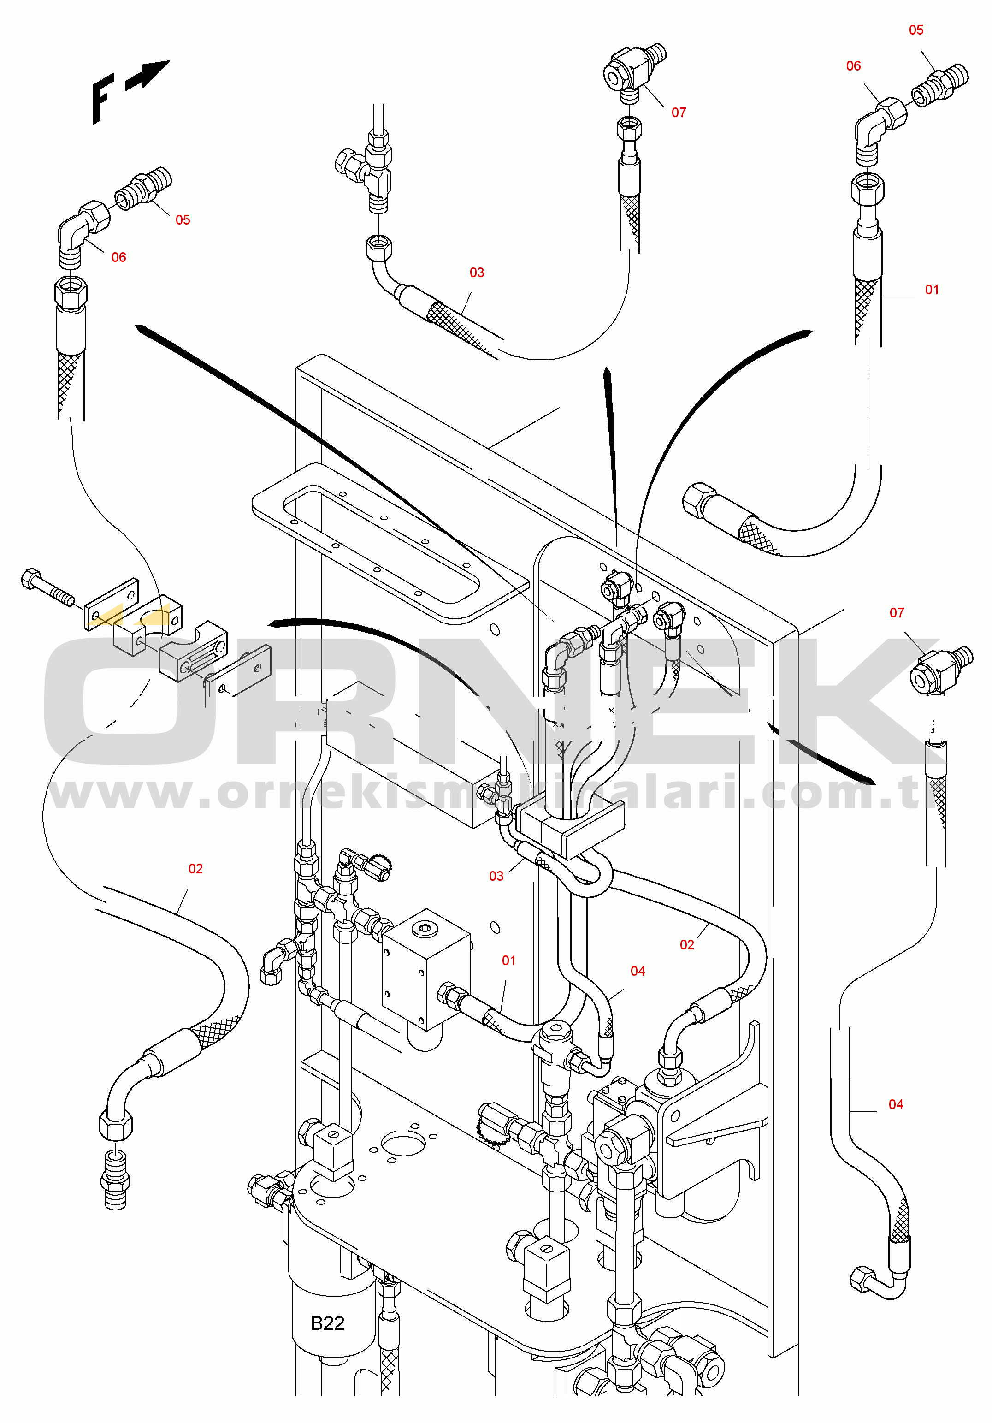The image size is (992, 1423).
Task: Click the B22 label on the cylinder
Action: [x=327, y=1323]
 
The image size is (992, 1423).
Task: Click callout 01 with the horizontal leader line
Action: [x=931, y=290]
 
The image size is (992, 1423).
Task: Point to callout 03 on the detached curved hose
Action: [x=477, y=273]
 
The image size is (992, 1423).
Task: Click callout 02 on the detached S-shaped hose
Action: [x=195, y=869]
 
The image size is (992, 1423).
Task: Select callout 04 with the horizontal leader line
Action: [x=895, y=1104]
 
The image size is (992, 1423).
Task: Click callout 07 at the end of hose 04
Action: [x=897, y=612]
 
